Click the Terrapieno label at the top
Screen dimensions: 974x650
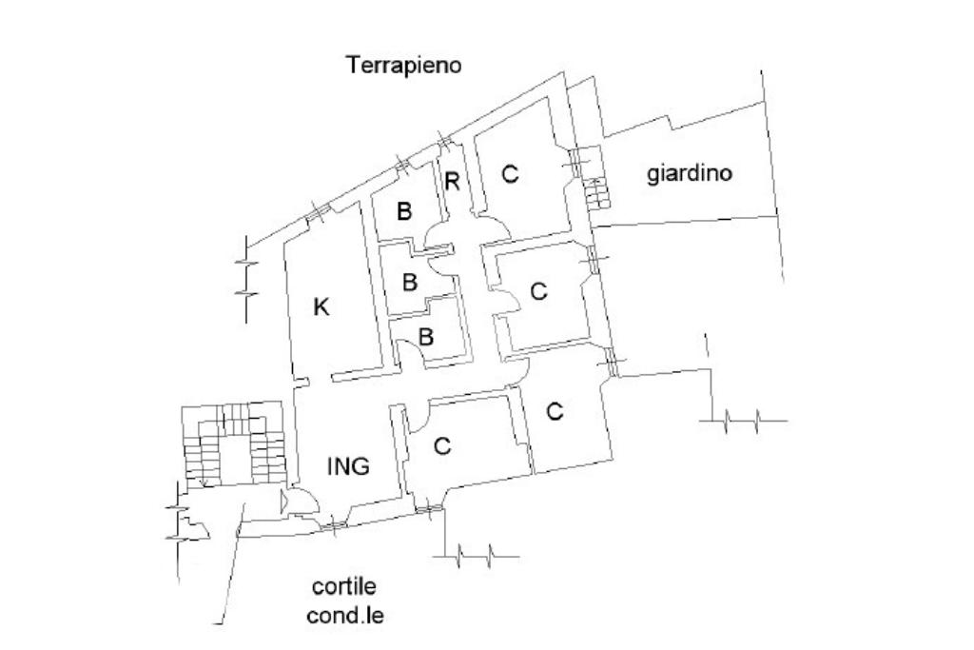(403, 65)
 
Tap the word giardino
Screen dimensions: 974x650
(690, 174)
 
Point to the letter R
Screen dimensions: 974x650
(453, 182)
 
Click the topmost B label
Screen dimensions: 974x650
(404, 211)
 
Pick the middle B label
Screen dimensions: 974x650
(410, 282)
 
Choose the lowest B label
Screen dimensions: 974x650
(426, 336)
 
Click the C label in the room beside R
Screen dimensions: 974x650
(511, 174)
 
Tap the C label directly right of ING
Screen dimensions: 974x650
(441, 445)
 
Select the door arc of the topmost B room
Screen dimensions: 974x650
(438, 233)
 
